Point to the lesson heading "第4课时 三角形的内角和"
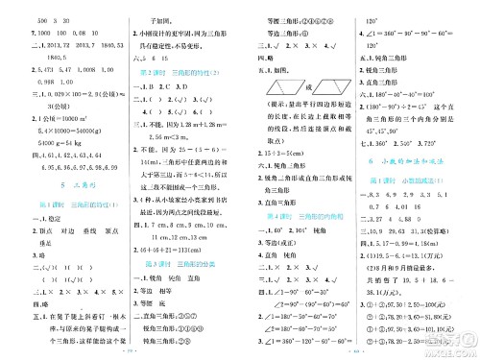point(292,219)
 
